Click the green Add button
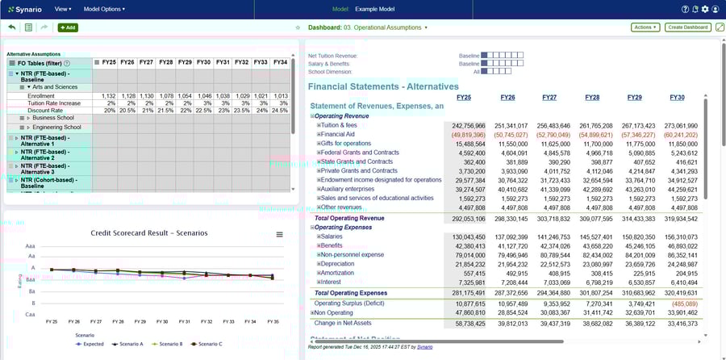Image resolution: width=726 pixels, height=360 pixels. click(x=68, y=27)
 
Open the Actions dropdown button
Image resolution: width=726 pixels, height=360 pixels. click(x=645, y=27)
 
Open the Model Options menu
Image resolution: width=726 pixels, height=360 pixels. click(x=104, y=9)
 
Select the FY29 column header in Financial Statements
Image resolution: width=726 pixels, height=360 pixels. click(x=633, y=98)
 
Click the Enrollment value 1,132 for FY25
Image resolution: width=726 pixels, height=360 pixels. click(x=109, y=96)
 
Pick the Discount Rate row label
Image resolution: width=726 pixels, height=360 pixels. click(x=45, y=111)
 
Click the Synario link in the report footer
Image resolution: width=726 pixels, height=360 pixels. click(x=425, y=346)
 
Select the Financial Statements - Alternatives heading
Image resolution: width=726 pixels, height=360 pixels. click(x=383, y=86)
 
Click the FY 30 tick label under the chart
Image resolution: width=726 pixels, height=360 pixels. click(x=161, y=320)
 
